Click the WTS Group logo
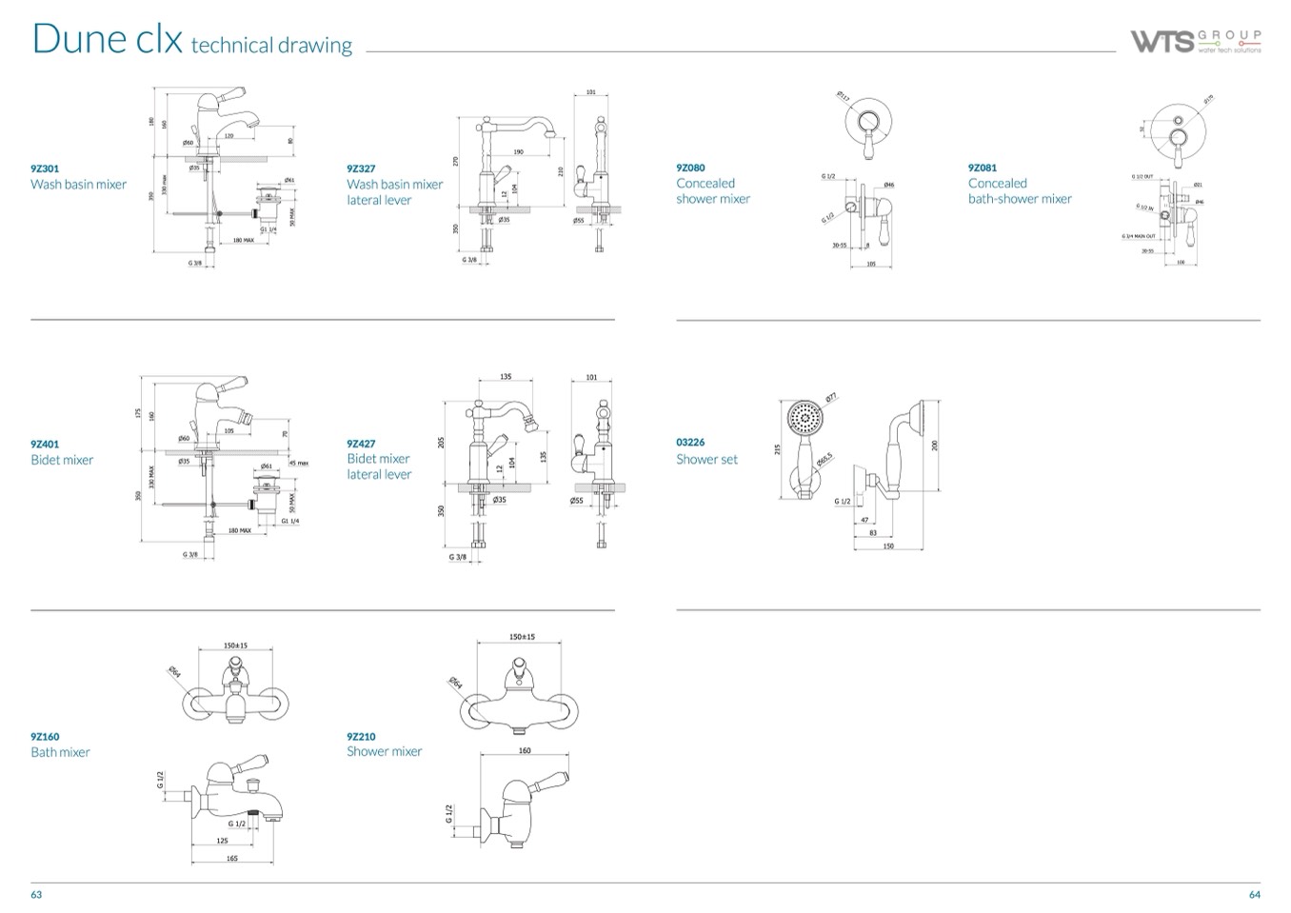(x=1196, y=41)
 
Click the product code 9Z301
(x=45, y=169)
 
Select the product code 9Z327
(x=361, y=169)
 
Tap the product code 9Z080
(x=690, y=168)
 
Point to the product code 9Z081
(x=983, y=168)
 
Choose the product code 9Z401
(x=45, y=444)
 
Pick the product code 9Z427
(x=361, y=443)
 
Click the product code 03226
(x=690, y=443)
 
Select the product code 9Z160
(x=45, y=736)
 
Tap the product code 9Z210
(x=361, y=736)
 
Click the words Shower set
(x=706, y=459)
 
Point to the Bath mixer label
(x=60, y=752)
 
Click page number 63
(x=36, y=894)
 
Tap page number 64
(x=1254, y=894)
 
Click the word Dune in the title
(x=79, y=38)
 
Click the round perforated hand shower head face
(x=804, y=417)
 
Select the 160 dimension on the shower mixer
(x=525, y=751)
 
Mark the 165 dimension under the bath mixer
(x=232, y=858)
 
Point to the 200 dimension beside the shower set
(x=935, y=445)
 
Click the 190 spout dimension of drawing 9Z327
(x=518, y=151)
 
